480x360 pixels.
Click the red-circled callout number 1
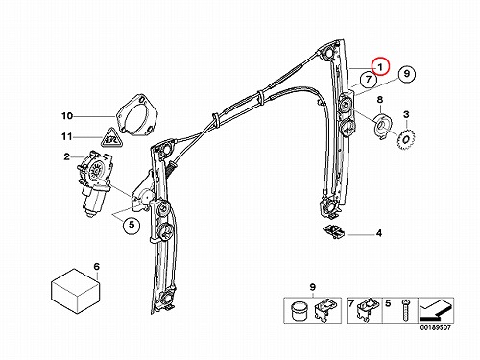[x=380, y=66]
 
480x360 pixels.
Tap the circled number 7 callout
[x=369, y=79]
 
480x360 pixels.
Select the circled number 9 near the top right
[x=406, y=74]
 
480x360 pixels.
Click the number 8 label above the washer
[x=380, y=99]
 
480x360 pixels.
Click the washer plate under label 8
[x=382, y=126]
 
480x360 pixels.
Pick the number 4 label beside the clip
[x=379, y=233]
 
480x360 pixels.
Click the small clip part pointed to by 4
[x=334, y=231]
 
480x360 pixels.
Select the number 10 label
[x=67, y=116]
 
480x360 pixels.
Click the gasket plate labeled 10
[x=137, y=114]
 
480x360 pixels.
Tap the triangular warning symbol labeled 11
[x=110, y=138]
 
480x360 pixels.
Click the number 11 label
[x=67, y=137]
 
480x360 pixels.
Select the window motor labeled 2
[x=94, y=182]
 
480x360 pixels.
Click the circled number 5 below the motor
[x=132, y=225]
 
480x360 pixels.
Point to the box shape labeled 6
[x=75, y=291]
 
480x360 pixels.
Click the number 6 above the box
[x=96, y=266]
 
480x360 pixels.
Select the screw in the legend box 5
[x=406, y=310]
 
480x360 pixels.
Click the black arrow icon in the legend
[x=436, y=310]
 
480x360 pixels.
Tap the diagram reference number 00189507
[x=436, y=328]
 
